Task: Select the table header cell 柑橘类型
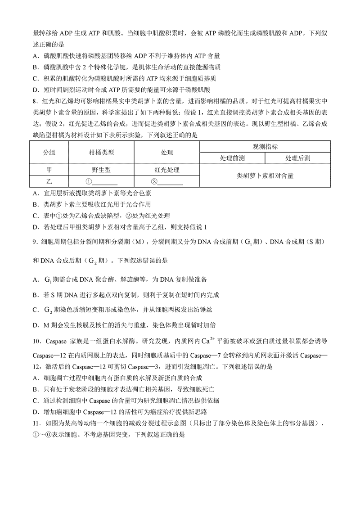coord(101,153)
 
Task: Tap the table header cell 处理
coord(167,153)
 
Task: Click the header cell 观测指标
coord(265,147)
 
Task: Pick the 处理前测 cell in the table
coord(232,158)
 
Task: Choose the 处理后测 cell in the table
coord(298,158)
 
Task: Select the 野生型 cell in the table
coord(101,170)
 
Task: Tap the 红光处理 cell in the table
coord(167,170)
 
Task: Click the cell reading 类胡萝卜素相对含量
coord(265,176)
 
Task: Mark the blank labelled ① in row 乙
coord(101,181)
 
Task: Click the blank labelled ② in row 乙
coord(167,181)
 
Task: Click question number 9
coord(35,242)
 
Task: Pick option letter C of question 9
coord(36,310)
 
